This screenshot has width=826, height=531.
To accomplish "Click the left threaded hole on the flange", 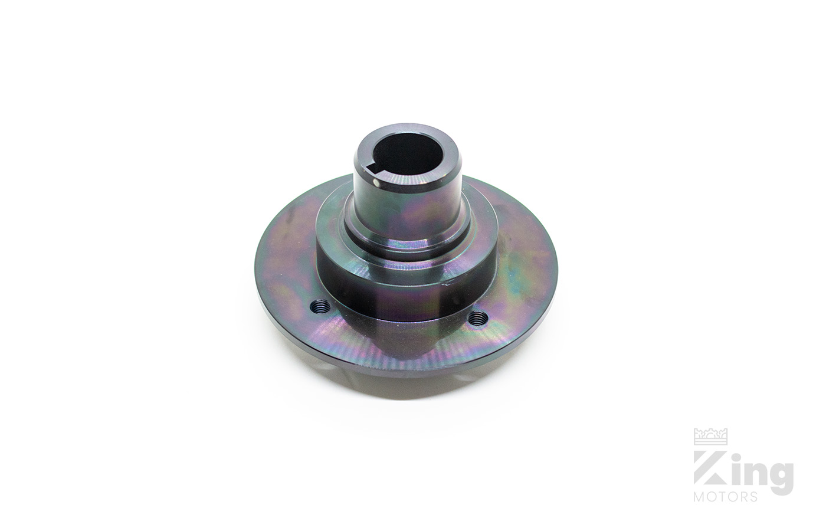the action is pos(320,306).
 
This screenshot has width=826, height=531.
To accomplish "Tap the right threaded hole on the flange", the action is pos(478,318).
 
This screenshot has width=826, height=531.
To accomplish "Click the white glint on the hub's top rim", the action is pos(376,183).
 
